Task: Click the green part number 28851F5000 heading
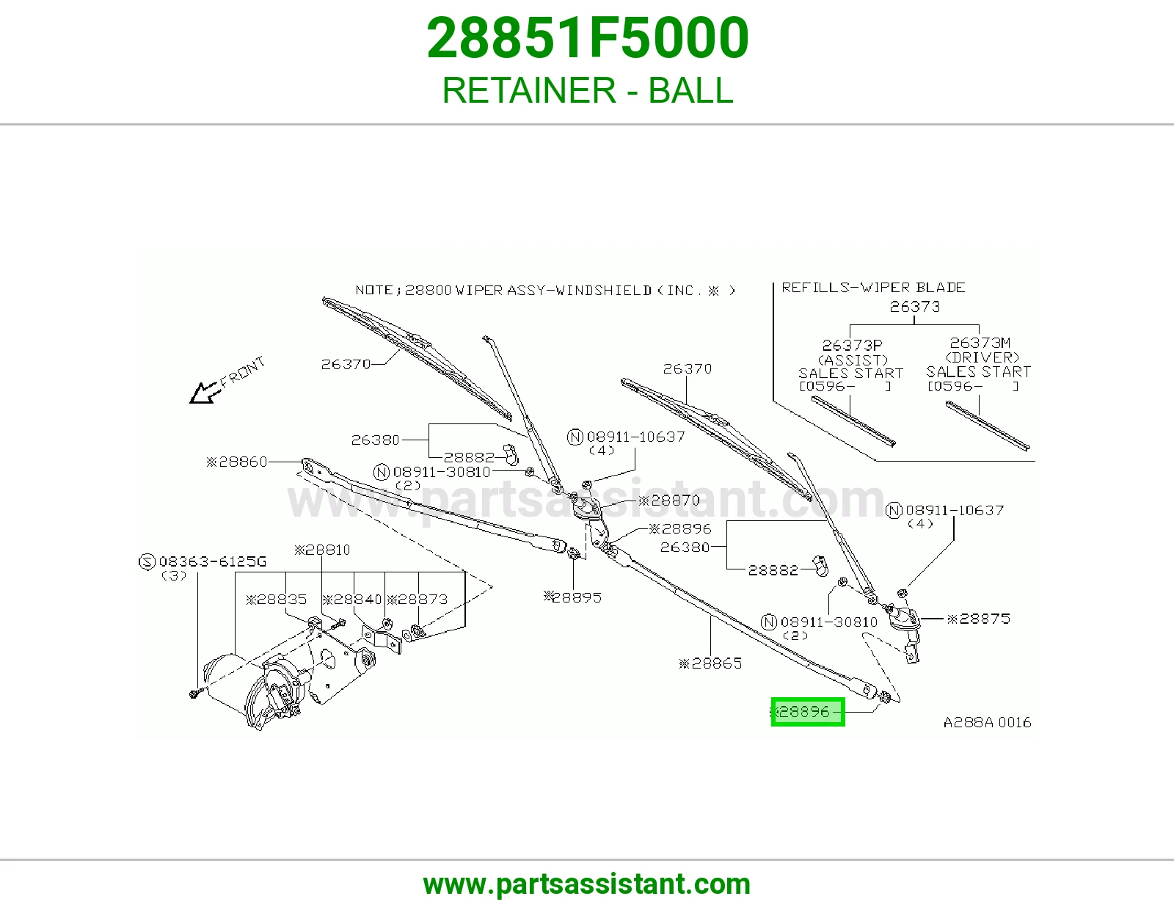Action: point(588,38)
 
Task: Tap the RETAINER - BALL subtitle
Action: point(588,90)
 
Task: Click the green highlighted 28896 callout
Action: point(808,712)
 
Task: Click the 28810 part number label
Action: point(322,550)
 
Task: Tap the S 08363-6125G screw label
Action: point(203,562)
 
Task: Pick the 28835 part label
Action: point(276,600)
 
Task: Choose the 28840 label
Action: point(352,600)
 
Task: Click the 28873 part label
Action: point(418,600)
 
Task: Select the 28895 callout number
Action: point(572,597)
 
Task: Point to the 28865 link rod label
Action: point(710,663)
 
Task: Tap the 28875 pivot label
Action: point(978,619)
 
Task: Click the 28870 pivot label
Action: point(669,501)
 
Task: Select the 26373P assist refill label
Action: point(853,345)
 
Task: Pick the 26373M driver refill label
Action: point(980,343)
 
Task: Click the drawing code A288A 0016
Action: point(988,722)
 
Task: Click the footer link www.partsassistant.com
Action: point(587,884)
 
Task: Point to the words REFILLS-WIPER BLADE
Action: point(873,288)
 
